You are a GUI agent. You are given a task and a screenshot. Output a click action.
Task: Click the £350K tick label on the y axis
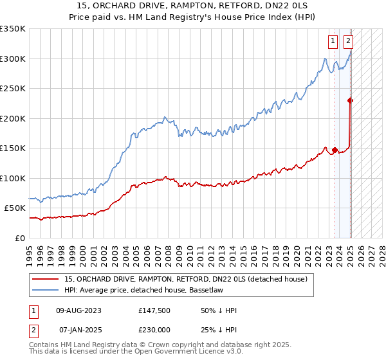pos(12,29)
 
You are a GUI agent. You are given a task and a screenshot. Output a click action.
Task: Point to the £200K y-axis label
pos(12,118)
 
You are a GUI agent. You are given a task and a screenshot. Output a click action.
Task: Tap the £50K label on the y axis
pos(15,208)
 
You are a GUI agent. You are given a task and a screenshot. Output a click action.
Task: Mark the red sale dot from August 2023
pos(335,150)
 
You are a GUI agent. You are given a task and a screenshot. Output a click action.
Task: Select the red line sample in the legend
pos(45,279)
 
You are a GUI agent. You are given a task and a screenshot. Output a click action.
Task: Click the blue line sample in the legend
pos(45,290)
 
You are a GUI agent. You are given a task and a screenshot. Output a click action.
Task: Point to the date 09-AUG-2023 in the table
pos(79,310)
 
